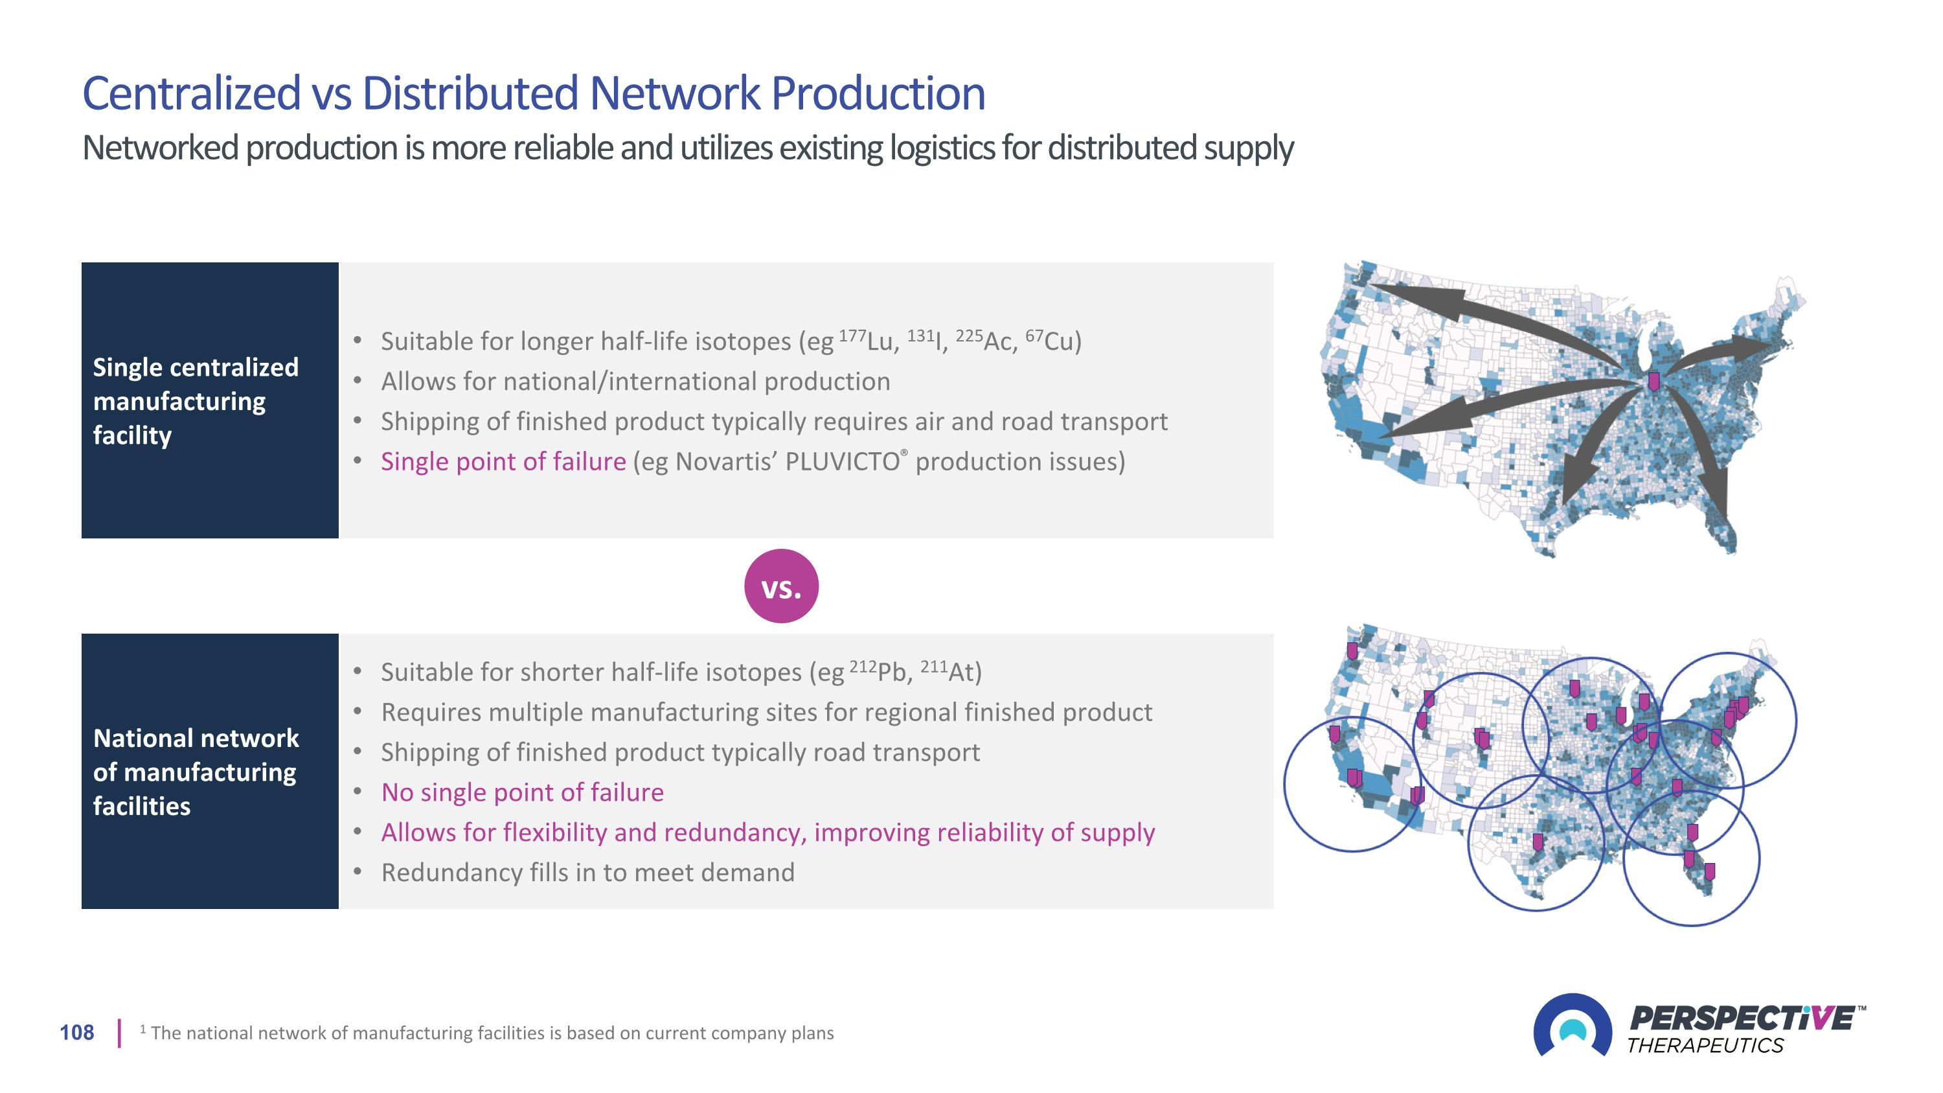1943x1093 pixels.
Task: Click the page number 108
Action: tap(77, 1033)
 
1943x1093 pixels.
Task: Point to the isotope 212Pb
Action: tap(881, 671)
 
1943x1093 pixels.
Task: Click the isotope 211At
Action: tap(951, 671)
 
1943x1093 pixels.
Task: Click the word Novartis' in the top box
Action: tap(727, 462)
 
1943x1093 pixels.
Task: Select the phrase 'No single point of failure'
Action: tap(522, 792)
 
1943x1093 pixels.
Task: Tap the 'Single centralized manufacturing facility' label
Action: tap(196, 400)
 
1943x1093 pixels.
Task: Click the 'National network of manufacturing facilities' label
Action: tap(196, 772)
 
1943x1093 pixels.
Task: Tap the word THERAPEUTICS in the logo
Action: tap(1705, 1046)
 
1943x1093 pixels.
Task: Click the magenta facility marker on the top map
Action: tap(1654, 382)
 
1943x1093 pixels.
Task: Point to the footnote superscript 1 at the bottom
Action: tap(142, 1028)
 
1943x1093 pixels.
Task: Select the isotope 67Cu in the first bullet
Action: tap(1053, 341)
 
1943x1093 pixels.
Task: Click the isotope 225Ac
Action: tap(986, 341)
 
